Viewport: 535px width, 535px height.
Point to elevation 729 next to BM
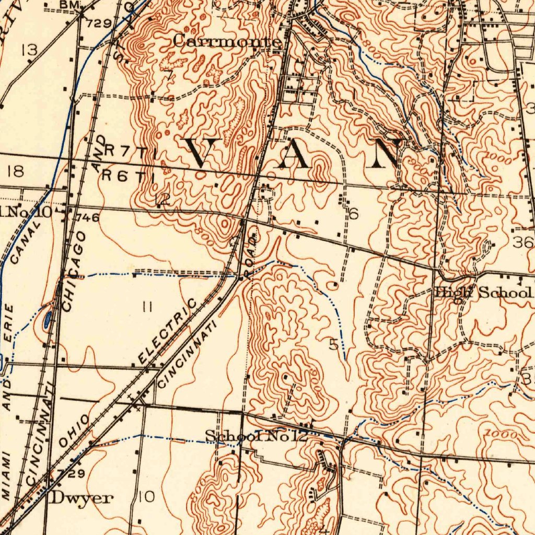(99, 23)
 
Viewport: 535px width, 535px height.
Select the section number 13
(29, 50)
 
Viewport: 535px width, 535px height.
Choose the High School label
(484, 293)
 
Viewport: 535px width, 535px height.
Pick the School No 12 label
(256, 435)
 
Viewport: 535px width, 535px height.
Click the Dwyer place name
(81, 498)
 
